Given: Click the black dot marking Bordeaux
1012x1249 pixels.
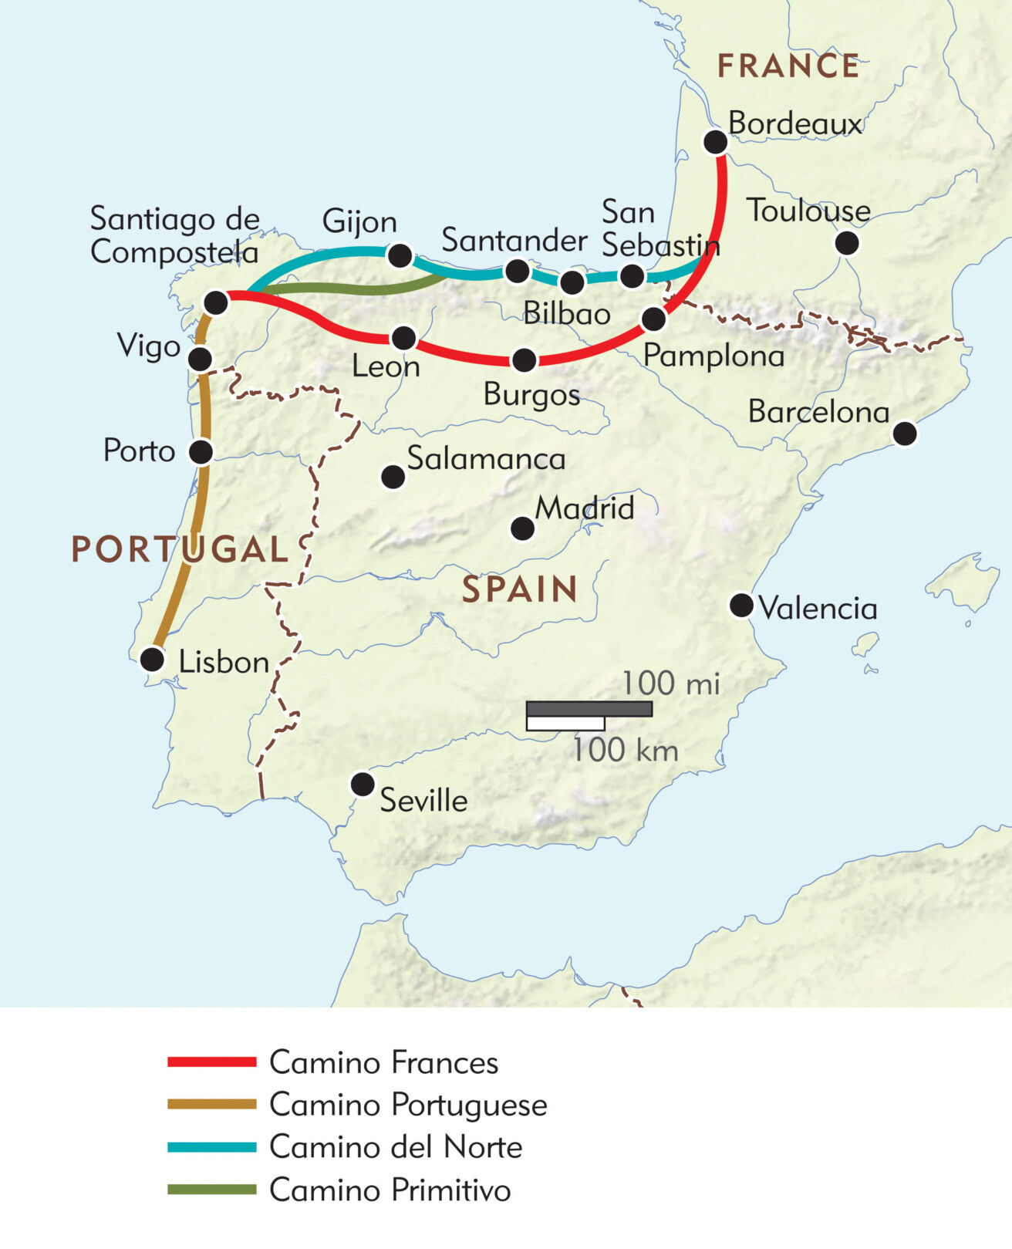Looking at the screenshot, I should click(x=715, y=142).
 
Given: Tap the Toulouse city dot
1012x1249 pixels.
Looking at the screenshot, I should click(x=846, y=243).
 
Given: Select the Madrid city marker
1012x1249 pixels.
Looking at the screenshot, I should click(x=522, y=528).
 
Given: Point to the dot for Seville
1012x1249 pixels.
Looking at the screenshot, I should click(x=362, y=784).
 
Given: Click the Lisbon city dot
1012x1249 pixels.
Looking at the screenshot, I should click(x=152, y=660).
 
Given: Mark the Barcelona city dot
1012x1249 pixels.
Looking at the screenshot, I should click(x=905, y=433).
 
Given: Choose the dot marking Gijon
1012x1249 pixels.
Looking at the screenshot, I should click(x=400, y=255).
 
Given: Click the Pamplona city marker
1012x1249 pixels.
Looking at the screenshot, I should click(x=653, y=318).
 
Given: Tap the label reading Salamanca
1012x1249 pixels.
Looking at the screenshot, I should click(x=486, y=459).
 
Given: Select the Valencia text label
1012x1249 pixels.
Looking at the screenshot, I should click(x=818, y=609).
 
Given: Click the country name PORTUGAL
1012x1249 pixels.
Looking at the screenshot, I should click(x=180, y=549).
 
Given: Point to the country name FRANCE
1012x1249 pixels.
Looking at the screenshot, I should click(x=788, y=66).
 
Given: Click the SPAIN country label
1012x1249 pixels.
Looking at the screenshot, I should click(x=520, y=590).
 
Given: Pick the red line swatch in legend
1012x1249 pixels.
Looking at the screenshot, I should click(x=211, y=1062).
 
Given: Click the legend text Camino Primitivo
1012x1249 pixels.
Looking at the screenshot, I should click(x=390, y=1190).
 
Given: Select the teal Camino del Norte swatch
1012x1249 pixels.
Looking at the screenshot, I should click(x=211, y=1147).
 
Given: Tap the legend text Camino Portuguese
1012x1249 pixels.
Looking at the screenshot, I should click(x=408, y=1105).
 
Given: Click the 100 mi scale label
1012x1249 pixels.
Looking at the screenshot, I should click(x=670, y=683).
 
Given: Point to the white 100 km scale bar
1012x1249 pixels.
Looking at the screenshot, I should click(x=565, y=724).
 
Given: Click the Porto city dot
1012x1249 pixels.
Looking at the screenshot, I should click(x=201, y=451).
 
